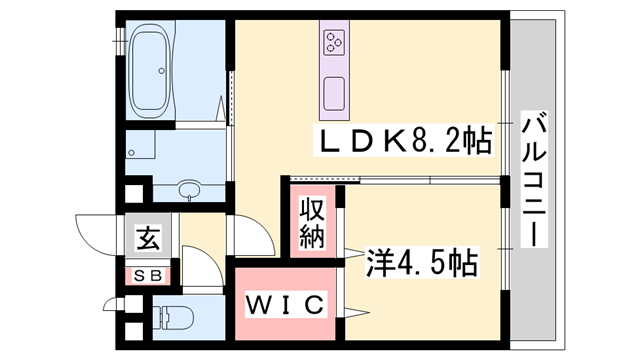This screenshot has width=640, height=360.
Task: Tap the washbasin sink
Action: click(187, 190)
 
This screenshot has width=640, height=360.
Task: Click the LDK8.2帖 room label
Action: click(404, 141)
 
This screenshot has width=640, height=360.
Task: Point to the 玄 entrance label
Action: click(147, 239)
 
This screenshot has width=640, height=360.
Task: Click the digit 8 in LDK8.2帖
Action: click(423, 141)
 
